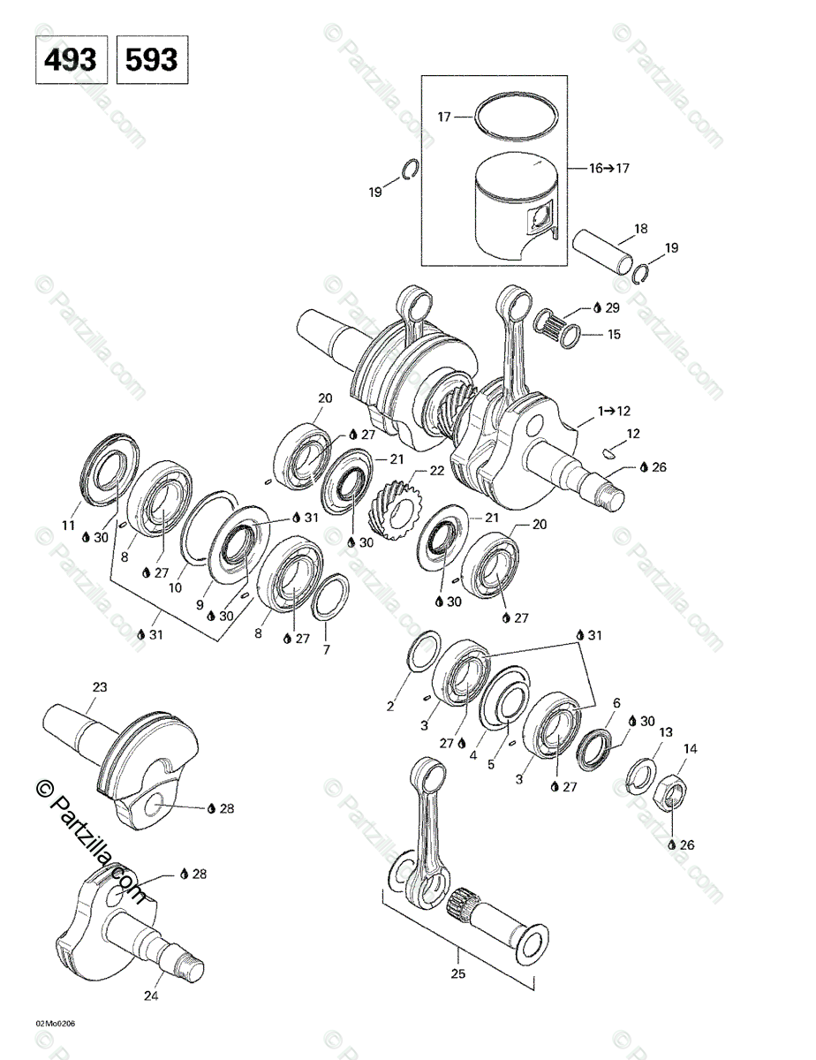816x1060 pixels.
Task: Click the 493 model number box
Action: point(72,59)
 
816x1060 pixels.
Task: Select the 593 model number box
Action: point(152,59)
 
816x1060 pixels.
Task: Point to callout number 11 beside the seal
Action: point(69,527)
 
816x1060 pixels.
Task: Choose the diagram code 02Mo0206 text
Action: point(56,1024)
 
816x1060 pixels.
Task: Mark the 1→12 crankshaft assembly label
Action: point(615,411)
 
